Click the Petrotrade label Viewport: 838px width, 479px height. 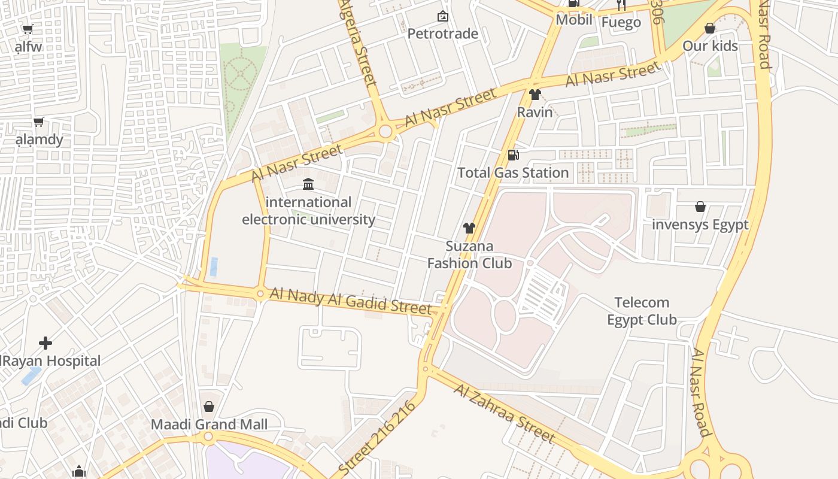tap(442, 34)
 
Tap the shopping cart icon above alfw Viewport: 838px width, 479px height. tap(28, 29)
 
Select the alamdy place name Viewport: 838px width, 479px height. tap(39, 140)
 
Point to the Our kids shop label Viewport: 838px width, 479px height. tap(710, 46)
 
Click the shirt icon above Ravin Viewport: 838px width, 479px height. tap(535, 95)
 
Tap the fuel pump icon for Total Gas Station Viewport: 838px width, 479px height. tap(513, 155)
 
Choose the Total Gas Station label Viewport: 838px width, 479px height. tap(513, 172)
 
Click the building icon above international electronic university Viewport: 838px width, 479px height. tap(308, 184)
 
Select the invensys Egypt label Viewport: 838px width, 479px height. tap(700, 225)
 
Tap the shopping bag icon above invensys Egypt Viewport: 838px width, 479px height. tap(700, 207)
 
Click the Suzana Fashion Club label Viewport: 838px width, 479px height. tap(469, 254)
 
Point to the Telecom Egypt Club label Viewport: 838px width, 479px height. tap(642, 311)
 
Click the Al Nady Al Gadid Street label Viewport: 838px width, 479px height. tap(350, 301)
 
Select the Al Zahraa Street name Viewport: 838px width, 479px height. tap(503, 413)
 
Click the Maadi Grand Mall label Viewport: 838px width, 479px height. tap(209, 425)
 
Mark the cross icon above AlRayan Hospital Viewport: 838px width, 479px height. tap(45, 343)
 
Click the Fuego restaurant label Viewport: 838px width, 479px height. tap(621, 23)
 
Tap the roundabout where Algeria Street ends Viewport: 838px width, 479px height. tap(385, 132)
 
